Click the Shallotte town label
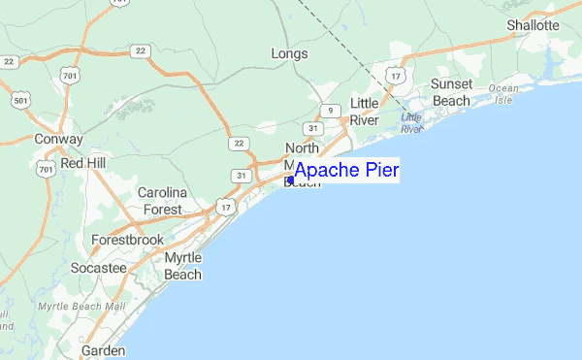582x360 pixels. [x=533, y=24]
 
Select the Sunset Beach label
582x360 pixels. [x=452, y=92]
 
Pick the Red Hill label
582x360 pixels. [x=84, y=164]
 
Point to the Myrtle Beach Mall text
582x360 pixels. [x=82, y=307]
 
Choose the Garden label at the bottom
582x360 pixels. [x=104, y=349]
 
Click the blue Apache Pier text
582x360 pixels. [x=346, y=171]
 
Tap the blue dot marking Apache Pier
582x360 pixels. [x=290, y=180]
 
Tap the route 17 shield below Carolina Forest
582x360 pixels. [x=225, y=207]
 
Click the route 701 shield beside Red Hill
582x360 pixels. [x=46, y=170]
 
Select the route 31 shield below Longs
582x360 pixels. [x=312, y=128]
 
